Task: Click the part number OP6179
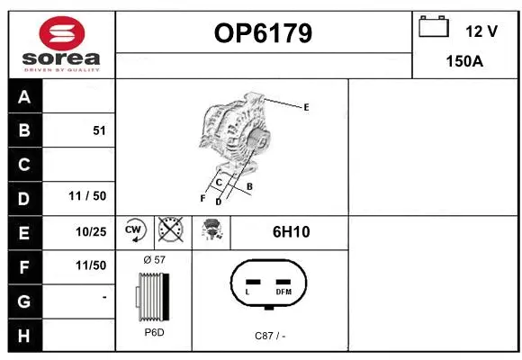point(264,33)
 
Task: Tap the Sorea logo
point(62,43)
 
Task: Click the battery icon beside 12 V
point(433,28)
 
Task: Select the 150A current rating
point(465,61)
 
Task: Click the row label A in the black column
point(24,96)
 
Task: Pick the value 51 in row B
point(99,130)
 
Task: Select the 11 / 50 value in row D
point(87,197)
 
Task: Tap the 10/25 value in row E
point(91,231)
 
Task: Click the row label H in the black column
point(24,335)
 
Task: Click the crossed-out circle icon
point(170,230)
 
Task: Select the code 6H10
point(291,232)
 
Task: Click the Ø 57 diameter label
point(155,259)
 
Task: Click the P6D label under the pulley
point(154,332)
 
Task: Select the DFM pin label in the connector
point(283,292)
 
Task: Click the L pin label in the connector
point(248,292)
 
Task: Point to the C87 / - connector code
point(270,336)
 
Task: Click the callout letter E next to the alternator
point(306,107)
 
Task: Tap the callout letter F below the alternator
point(202,197)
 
